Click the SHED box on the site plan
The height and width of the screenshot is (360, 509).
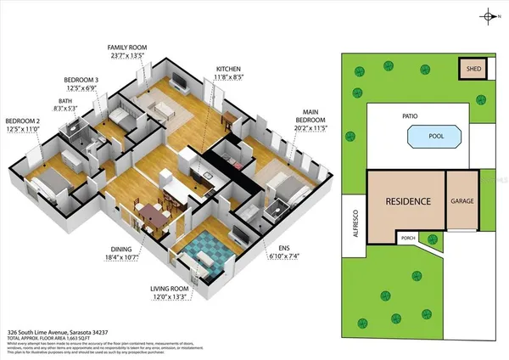470,68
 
